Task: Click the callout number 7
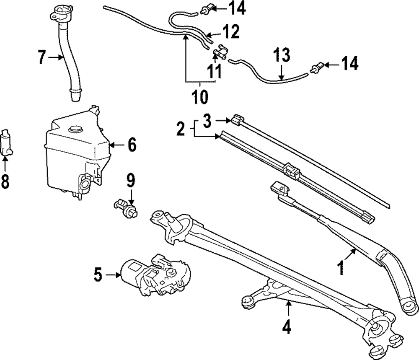click(x=41, y=57)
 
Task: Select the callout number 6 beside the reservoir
click(x=132, y=145)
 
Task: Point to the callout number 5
click(x=97, y=275)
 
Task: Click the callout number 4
click(x=286, y=327)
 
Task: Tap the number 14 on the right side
click(x=349, y=64)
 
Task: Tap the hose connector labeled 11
click(x=220, y=54)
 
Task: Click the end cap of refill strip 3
click(x=237, y=119)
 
